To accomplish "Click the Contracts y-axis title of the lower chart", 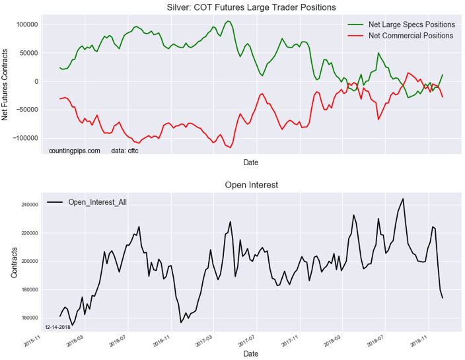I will tap(13, 262).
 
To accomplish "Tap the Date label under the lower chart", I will tap(250, 354).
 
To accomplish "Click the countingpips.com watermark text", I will tap(75, 151).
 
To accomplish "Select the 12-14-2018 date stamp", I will tap(58, 327).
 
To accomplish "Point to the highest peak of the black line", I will tap(402, 199).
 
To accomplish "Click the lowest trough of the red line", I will tap(231, 148).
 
